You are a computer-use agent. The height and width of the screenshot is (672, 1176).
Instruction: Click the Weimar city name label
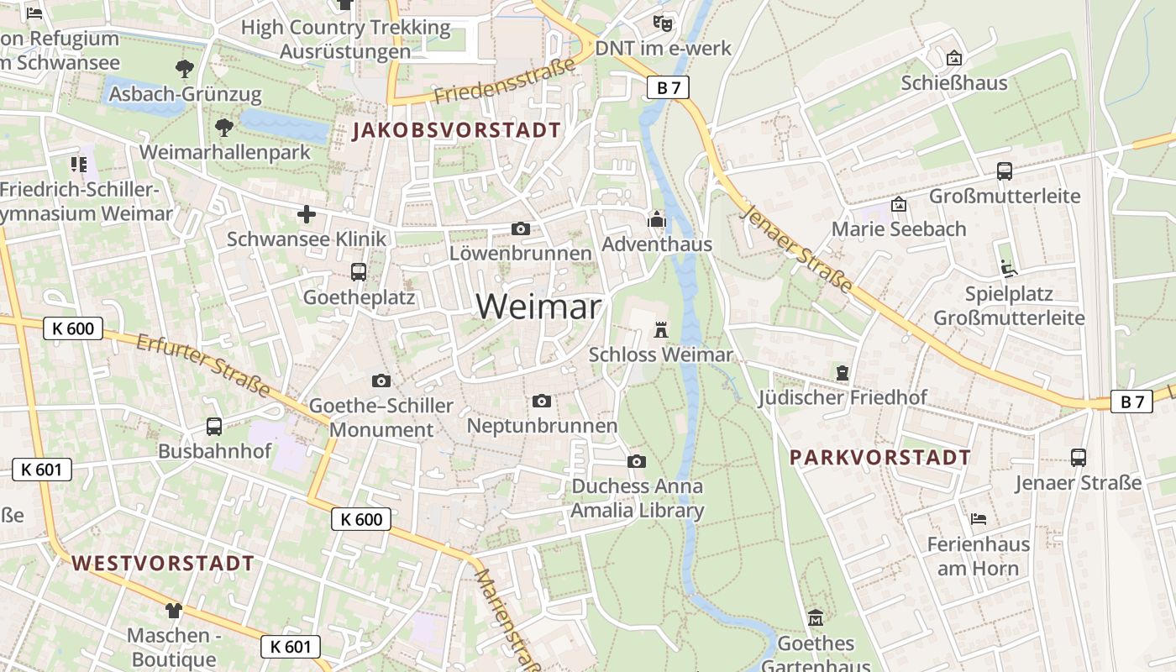[538, 306]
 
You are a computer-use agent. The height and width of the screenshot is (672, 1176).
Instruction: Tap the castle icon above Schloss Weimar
[661, 329]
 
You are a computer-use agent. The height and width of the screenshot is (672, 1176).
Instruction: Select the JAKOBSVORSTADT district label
[456, 130]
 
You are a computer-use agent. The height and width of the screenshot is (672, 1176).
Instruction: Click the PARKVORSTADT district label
[880, 458]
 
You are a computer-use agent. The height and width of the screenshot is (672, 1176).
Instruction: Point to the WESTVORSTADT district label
[163, 563]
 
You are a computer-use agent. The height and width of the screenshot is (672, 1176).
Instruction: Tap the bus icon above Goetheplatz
[359, 272]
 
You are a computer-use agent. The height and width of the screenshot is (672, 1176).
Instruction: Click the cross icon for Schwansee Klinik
[307, 215]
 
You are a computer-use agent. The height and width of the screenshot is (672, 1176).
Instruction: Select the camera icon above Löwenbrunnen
[521, 228]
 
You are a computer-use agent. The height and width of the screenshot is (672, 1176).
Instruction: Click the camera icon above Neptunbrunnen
[542, 402]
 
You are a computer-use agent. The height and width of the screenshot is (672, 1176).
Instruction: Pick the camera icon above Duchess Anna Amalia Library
[637, 461]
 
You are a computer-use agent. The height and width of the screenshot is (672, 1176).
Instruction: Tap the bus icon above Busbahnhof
[214, 426]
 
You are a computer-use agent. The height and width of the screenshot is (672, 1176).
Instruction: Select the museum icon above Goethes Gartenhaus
[815, 618]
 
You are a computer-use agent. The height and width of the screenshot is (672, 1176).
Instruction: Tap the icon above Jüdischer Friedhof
[843, 372]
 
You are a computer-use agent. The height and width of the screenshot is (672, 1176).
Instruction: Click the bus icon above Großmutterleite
[1004, 171]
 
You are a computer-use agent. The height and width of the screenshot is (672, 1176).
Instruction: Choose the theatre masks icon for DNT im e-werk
[664, 23]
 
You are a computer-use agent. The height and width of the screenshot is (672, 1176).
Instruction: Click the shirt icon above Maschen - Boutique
[174, 610]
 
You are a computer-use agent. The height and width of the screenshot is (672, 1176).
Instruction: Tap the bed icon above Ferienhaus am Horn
[978, 519]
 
